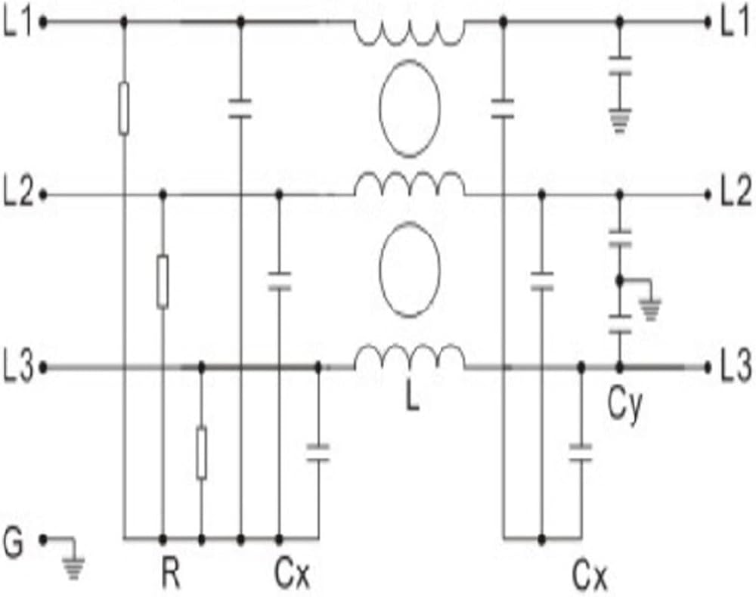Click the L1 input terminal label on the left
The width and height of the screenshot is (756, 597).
pos(17,22)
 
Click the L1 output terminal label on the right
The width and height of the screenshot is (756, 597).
pos(735,22)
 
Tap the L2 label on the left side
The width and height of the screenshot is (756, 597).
pos(17,195)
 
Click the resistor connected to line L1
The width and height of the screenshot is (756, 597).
pos(124,108)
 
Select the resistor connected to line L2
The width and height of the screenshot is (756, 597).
pos(163,282)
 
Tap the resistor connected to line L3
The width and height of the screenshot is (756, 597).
pos(202,453)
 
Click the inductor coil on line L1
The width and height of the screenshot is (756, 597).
pos(410,32)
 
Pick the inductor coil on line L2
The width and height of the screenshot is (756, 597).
pos(410,183)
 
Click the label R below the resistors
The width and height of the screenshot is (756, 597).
pos(171,574)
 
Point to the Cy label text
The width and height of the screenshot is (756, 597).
pos(625,406)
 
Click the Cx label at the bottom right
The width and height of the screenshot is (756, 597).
pos(589,575)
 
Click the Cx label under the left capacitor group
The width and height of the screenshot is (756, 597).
pos(292,574)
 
